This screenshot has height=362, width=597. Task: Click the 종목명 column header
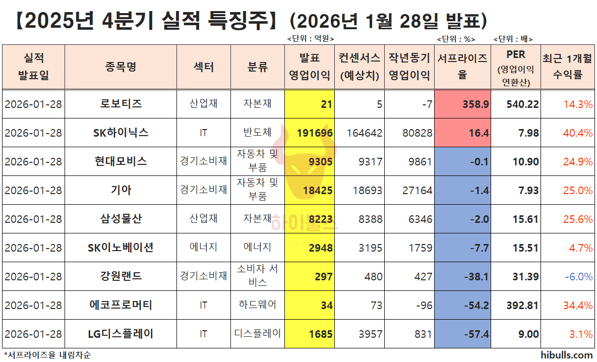(x=121, y=67)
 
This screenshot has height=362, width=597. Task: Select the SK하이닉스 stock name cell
(x=121, y=133)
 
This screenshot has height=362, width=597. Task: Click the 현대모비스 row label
(x=121, y=162)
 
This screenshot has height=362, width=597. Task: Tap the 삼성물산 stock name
(x=121, y=219)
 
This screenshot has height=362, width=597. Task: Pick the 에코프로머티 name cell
(x=121, y=305)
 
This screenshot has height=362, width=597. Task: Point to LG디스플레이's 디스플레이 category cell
(x=258, y=333)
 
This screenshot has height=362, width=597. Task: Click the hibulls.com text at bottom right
(x=568, y=355)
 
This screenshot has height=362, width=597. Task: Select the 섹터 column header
(x=204, y=67)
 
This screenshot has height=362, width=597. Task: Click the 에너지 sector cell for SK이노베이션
(x=204, y=248)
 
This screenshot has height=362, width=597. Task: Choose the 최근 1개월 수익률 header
(x=568, y=67)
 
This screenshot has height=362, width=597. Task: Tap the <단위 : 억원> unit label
(x=310, y=39)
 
